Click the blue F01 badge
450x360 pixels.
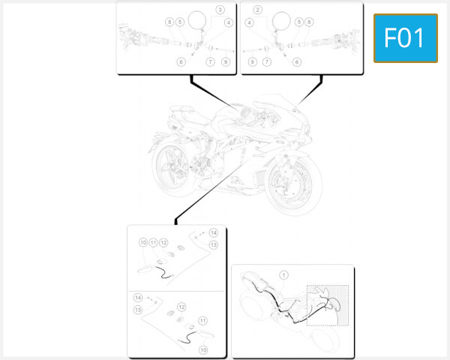[405, 38]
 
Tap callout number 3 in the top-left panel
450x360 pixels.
[220, 10]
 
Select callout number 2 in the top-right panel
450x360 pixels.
[257, 10]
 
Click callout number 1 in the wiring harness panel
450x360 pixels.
[283, 275]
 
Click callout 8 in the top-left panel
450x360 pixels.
[170, 22]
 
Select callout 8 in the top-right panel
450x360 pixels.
[309, 22]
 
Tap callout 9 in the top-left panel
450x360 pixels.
[225, 61]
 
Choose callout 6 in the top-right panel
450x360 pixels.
[297, 61]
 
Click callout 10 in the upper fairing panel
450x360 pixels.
[142, 243]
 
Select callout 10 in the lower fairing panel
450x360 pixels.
[202, 349]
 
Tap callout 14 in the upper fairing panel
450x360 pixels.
[213, 232]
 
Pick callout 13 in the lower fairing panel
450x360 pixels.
[138, 310]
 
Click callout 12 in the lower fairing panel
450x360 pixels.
[181, 307]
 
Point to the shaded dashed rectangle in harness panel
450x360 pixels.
[328, 305]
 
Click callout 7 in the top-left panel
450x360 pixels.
[210, 61]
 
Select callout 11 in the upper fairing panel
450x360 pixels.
[153, 243]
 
